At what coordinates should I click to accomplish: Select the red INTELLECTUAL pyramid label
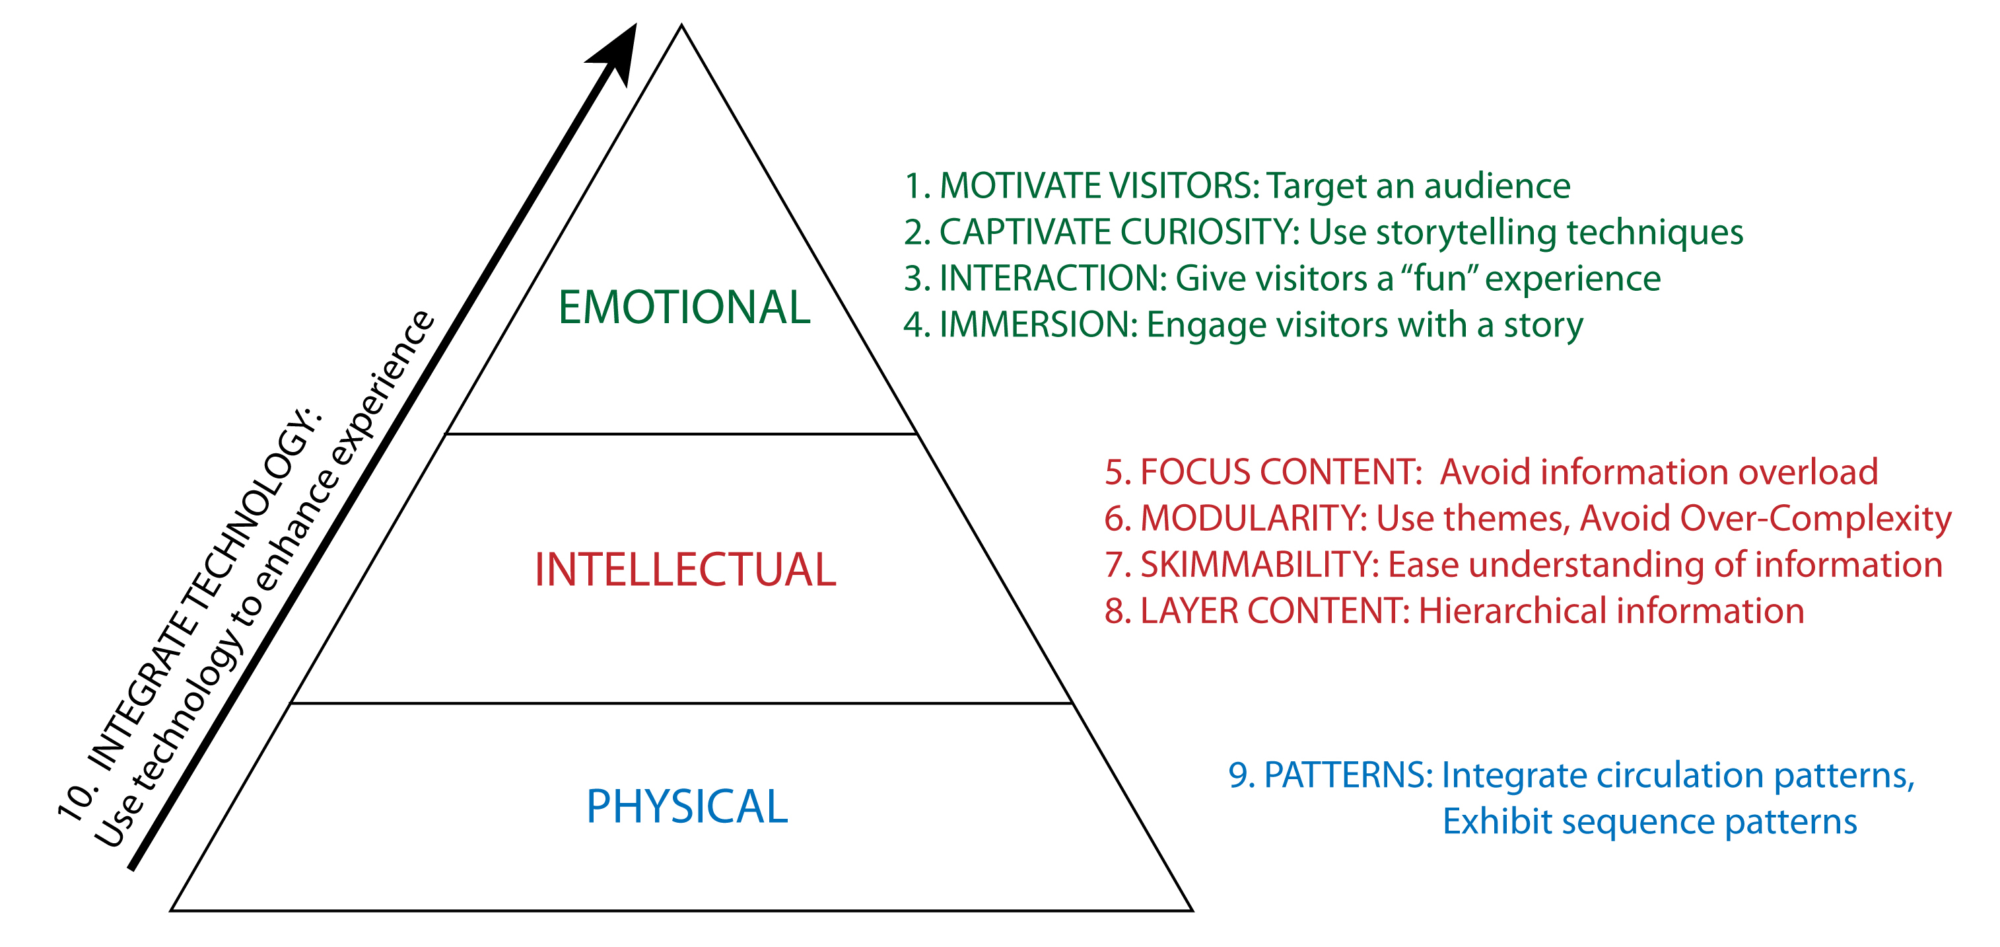click(x=685, y=570)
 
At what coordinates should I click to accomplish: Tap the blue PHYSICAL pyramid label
click(x=687, y=806)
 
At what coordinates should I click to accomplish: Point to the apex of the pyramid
click(x=681, y=26)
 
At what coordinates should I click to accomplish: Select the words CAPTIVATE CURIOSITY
click(x=1118, y=232)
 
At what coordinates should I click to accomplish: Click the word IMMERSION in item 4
click(x=1037, y=324)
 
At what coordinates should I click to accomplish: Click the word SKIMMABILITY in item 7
click(x=1259, y=565)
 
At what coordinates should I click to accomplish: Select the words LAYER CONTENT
click(x=1273, y=611)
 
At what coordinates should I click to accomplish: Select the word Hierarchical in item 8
click(x=1513, y=611)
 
